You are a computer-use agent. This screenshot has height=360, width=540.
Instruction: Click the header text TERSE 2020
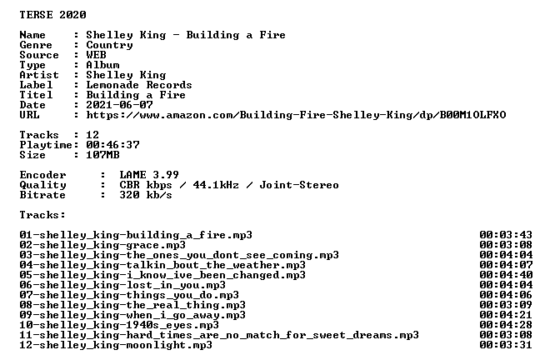(52, 15)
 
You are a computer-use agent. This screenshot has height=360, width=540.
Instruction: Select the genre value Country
(109, 45)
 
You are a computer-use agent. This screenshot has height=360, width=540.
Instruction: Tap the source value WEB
(96, 55)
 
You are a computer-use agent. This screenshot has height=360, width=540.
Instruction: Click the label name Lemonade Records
(139, 85)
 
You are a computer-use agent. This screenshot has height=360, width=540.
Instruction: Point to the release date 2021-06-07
(119, 105)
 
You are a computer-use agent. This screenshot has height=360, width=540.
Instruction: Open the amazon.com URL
(296, 115)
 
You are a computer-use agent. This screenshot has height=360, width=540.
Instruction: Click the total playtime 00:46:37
(112, 145)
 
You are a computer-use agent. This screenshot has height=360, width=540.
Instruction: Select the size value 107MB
(102, 155)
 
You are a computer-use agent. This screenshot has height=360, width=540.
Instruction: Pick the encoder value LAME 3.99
(149, 175)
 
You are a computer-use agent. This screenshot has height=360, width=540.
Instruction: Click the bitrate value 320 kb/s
(146, 195)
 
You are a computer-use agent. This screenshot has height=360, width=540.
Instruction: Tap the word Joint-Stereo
(299, 185)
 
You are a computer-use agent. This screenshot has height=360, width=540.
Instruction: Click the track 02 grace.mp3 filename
(102, 245)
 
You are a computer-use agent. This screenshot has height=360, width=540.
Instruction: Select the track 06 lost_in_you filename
(122, 285)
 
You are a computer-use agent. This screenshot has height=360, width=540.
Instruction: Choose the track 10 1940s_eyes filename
(119, 325)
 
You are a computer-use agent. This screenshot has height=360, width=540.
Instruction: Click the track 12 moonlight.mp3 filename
(116, 345)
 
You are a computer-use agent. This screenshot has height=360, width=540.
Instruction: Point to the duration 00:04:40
(506, 275)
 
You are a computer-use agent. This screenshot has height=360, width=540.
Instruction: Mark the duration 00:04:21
(506, 315)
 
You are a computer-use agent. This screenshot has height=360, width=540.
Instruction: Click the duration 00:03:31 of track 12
(506, 345)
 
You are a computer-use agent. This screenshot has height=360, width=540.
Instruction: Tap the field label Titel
(36, 95)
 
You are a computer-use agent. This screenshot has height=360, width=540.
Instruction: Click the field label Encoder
(42, 175)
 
